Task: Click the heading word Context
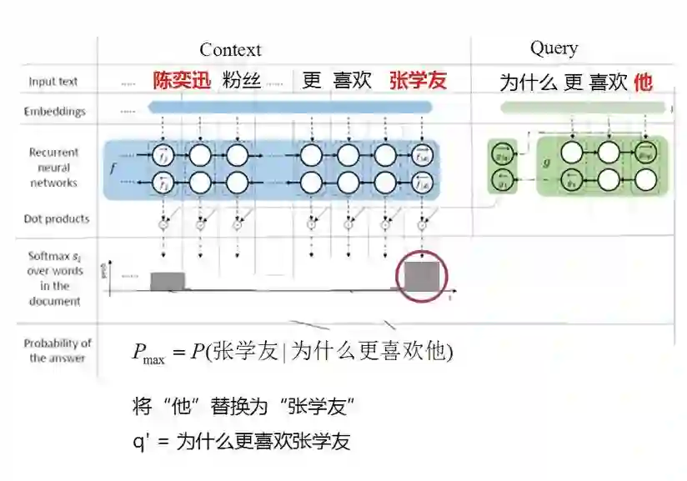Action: (230, 50)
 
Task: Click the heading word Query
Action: (554, 48)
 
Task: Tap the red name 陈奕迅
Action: (182, 81)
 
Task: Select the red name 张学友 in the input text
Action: (418, 81)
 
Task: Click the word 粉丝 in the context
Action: (242, 81)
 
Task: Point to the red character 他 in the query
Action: (643, 82)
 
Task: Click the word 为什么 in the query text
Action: (529, 83)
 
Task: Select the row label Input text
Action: (53, 82)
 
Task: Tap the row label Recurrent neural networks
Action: (53, 167)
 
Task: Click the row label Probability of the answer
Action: (58, 350)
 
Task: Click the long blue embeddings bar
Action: (289, 108)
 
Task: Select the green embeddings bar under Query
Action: (584, 108)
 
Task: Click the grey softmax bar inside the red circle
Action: (422, 276)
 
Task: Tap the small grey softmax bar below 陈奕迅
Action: (168, 281)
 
